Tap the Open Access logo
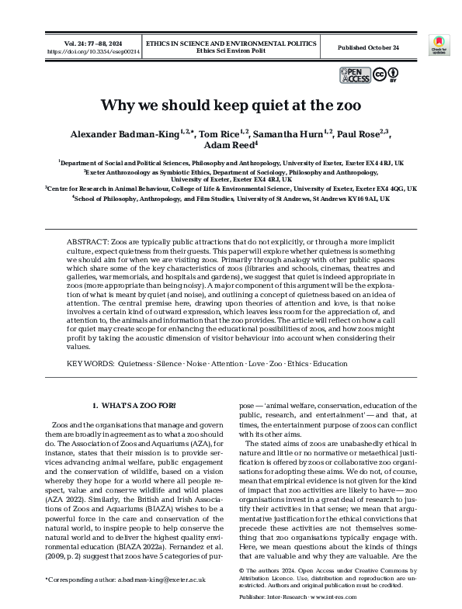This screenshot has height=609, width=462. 355,74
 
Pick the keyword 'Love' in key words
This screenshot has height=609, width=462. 262,363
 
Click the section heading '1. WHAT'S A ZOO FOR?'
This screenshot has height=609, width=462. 135,406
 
